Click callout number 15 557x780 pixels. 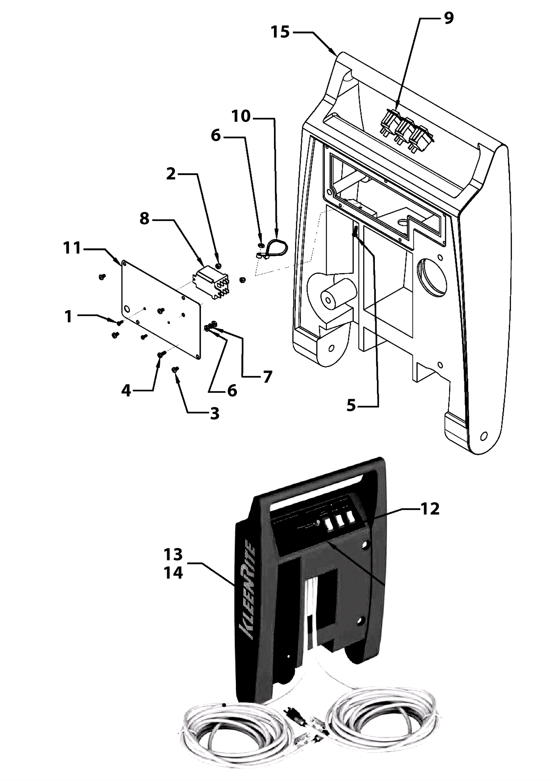(x=280, y=32)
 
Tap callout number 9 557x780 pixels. (x=449, y=18)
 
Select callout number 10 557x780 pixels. (x=241, y=116)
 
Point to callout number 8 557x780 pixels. (x=144, y=219)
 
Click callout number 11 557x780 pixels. (x=72, y=248)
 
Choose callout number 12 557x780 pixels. (x=430, y=509)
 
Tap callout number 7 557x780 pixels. (x=267, y=377)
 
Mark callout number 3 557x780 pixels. (x=215, y=413)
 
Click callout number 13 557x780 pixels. (x=173, y=555)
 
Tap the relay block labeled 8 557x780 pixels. (x=211, y=281)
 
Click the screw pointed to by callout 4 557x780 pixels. (x=161, y=354)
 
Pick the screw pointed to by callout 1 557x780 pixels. (x=119, y=323)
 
